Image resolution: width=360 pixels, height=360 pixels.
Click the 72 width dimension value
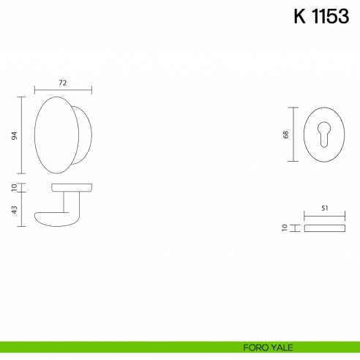click(63, 83)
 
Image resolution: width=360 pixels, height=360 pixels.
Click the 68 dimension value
click(286, 135)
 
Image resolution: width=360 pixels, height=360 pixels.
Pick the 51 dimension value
click(324, 209)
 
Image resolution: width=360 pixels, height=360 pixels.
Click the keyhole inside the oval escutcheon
click(323, 136)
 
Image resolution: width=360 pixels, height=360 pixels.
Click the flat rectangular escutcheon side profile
click(324, 228)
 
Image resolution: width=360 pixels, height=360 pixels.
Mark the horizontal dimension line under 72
click(63, 90)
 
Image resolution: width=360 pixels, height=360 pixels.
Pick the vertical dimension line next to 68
click(293, 135)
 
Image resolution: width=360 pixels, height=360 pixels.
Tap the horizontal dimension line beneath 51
click(324, 217)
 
